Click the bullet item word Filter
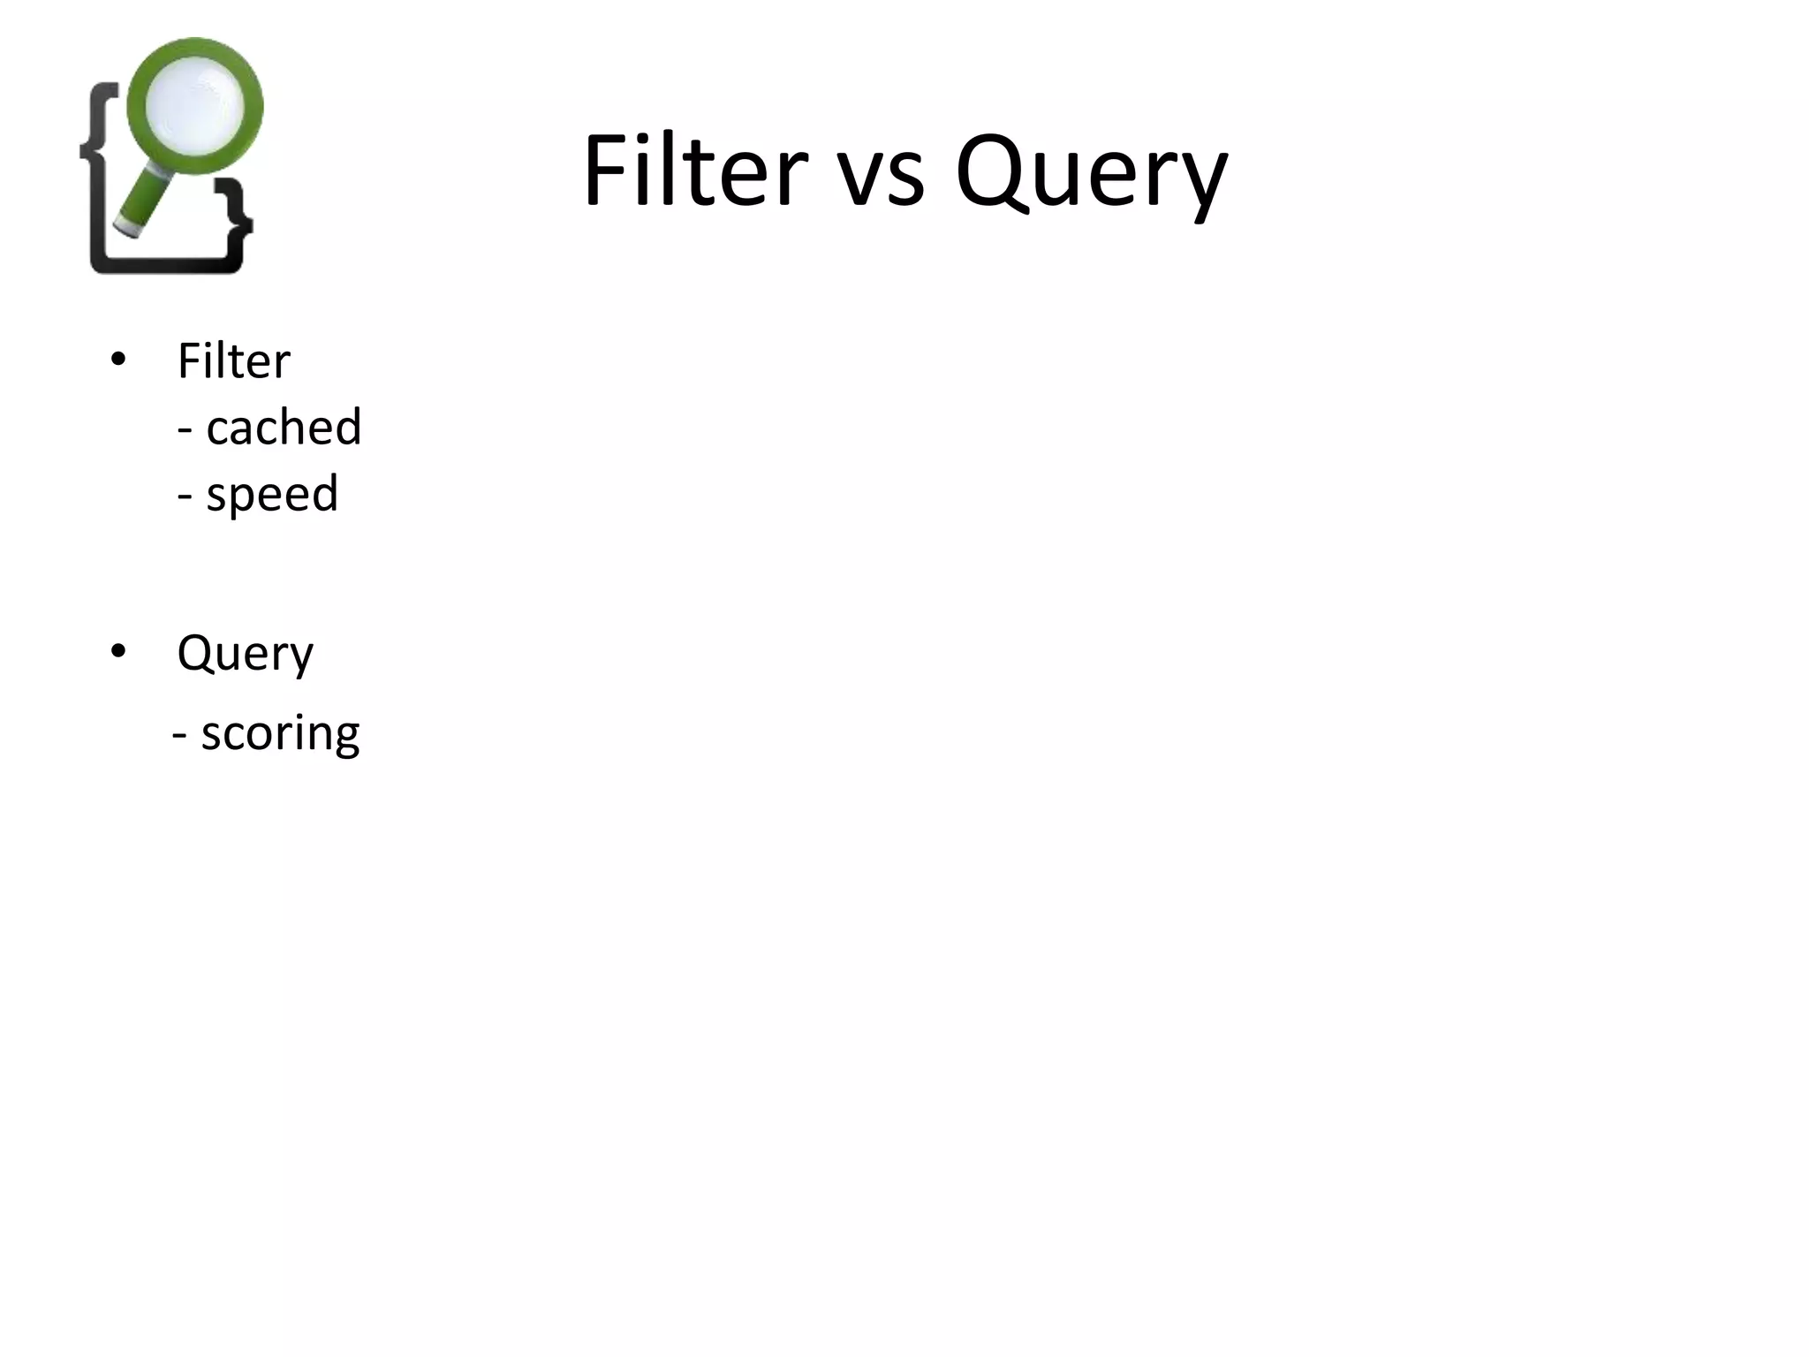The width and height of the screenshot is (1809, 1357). (x=234, y=360)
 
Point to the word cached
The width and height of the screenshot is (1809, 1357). (x=284, y=427)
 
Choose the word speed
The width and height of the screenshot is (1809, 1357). (x=272, y=494)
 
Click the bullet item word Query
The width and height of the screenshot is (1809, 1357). (x=245, y=654)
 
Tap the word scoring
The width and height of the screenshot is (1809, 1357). (x=280, y=733)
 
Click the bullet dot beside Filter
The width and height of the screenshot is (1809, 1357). (x=118, y=360)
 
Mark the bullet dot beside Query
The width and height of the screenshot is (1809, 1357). (x=118, y=652)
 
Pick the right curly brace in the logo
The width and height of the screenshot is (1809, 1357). (x=234, y=221)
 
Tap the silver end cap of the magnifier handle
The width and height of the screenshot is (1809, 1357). (x=128, y=229)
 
